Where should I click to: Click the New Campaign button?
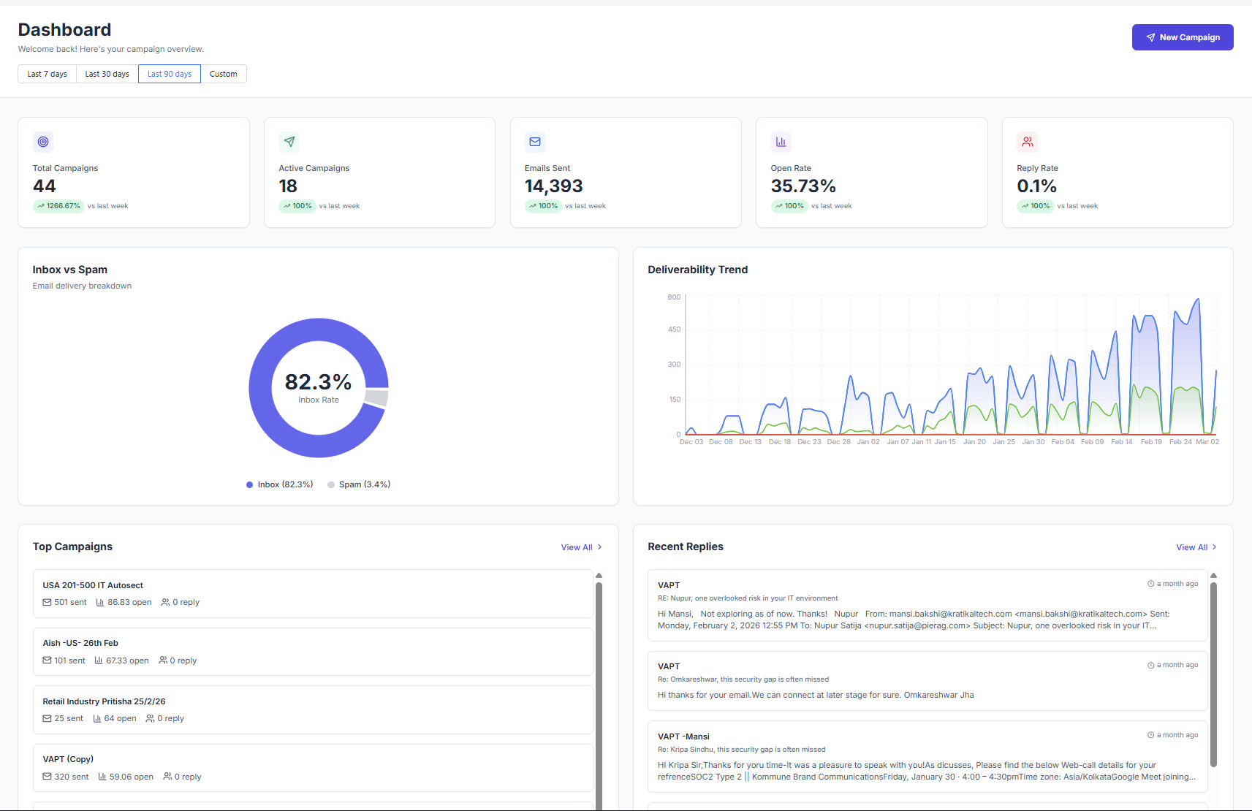click(1182, 37)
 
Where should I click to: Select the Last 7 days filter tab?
click(47, 74)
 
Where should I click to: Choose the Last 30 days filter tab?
click(107, 74)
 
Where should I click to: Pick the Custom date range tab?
click(223, 74)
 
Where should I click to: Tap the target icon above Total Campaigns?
click(43, 142)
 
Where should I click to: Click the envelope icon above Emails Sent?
click(535, 142)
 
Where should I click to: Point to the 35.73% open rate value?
click(803, 186)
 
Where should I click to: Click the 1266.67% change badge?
click(59, 206)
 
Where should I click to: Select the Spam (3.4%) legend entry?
click(364, 484)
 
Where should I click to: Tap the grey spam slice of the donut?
click(376, 397)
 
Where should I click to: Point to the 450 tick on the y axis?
click(674, 330)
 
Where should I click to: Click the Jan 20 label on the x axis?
click(974, 442)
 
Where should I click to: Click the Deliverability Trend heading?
click(697, 270)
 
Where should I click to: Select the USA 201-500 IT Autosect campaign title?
click(93, 585)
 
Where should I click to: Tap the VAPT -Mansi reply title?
click(683, 736)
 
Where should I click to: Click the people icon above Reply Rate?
click(1027, 142)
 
